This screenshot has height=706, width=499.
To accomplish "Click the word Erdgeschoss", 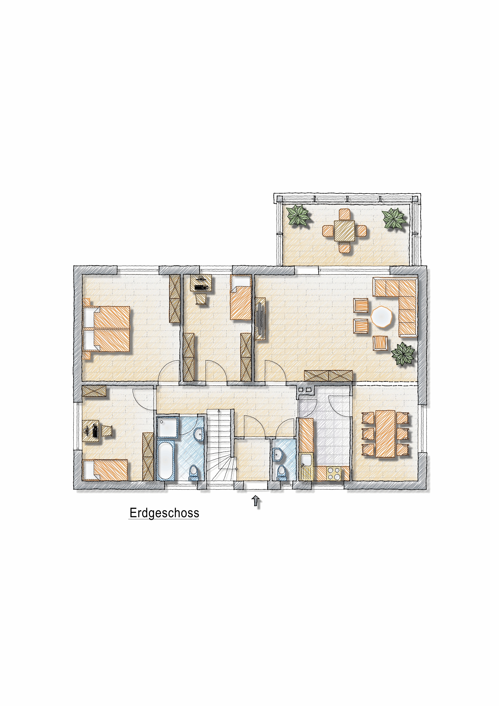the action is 164,513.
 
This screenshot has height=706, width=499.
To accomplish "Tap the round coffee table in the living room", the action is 382,316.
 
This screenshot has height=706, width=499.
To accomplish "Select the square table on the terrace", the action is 344,231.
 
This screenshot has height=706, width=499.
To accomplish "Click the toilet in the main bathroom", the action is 194,472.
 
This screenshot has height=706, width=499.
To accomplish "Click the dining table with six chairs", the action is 385,434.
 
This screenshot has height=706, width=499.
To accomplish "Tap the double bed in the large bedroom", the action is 106,329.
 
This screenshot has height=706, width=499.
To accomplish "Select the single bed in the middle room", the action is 241,298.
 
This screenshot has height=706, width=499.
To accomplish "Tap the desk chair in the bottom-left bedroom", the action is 107,431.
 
